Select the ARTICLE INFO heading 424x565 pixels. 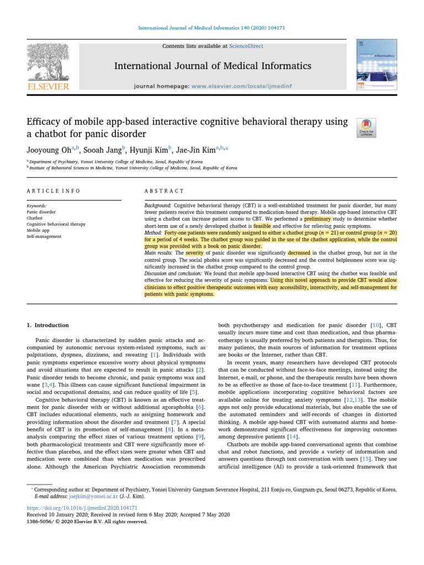(54, 191)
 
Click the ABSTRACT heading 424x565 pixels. (164, 191)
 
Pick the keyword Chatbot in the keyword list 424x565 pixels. (35, 218)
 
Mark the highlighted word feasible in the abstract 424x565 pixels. (262, 226)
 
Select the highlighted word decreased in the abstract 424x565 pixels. (299, 253)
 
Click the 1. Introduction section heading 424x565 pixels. (48, 326)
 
